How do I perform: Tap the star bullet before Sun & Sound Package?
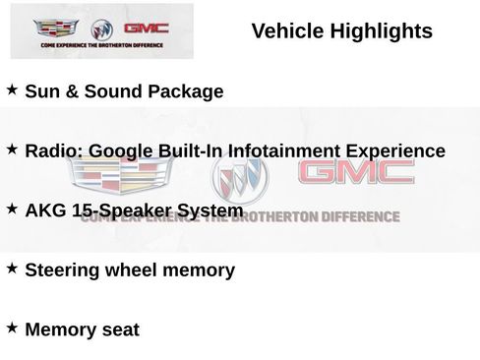(x=12, y=90)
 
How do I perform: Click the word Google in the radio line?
(x=123, y=151)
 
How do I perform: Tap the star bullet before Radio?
(x=12, y=150)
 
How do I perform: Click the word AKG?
(x=45, y=210)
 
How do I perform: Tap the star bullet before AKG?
(x=12, y=209)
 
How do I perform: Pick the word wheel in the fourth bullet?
(x=141, y=270)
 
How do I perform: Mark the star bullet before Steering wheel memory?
(x=12, y=268)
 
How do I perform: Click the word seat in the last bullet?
(x=119, y=330)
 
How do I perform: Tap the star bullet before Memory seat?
(x=12, y=327)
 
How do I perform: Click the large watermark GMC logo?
(x=356, y=173)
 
